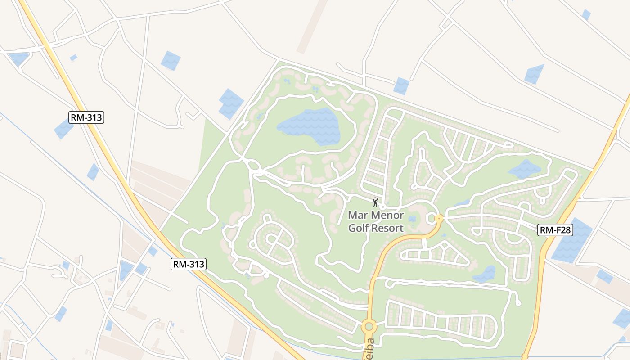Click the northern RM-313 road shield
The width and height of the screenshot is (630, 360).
[87, 118]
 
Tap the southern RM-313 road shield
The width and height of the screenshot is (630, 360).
[189, 264]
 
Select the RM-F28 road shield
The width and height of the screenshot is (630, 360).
[555, 230]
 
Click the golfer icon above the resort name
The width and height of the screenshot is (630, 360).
[375, 202]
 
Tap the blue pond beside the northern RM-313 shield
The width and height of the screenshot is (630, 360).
[63, 130]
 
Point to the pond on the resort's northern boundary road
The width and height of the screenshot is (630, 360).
[401, 85]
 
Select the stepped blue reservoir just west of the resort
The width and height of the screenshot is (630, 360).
[230, 104]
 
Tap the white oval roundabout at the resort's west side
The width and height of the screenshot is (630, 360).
[253, 167]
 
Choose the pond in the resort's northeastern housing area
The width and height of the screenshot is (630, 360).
[524, 169]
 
